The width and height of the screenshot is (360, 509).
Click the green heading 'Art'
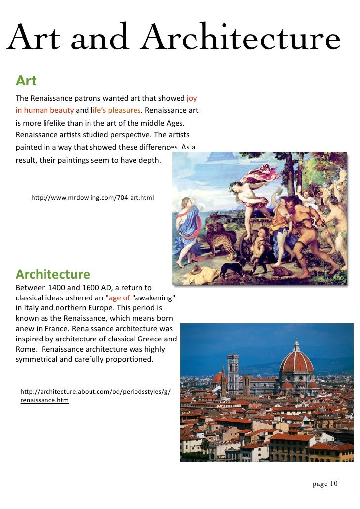point(26,80)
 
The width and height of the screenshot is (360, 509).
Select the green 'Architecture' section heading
point(53,274)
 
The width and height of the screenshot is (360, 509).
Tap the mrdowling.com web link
point(92,198)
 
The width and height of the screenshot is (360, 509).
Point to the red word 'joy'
point(192,98)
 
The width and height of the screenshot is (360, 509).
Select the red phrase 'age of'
point(119,298)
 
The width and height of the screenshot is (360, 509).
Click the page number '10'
point(333,483)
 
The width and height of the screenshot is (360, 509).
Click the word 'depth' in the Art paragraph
point(150,160)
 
